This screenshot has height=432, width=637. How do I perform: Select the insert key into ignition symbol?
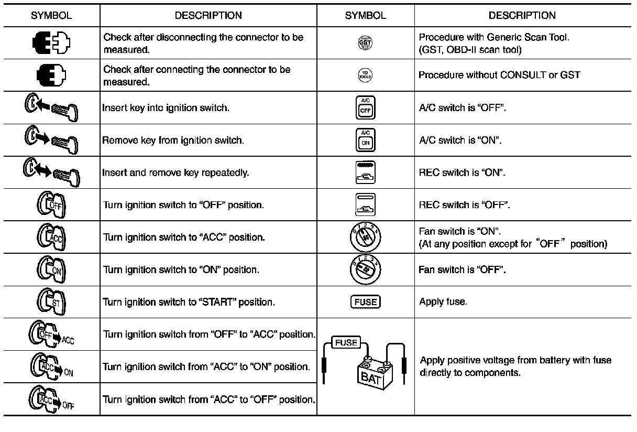[x=51, y=107]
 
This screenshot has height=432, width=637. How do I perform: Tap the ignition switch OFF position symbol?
[x=51, y=204]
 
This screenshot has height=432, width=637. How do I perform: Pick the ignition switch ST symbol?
[x=51, y=302]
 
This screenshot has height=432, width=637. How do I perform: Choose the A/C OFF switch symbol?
[x=365, y=107]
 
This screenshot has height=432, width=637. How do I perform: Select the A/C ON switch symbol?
[x=365, y=140]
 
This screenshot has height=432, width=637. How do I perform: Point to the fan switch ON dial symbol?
[x=365, y=237]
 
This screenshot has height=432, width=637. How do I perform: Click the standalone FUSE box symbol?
[x=365, y=301]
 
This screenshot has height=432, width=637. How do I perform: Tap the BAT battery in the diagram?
[x=370, y=373]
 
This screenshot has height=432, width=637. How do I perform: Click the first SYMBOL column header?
[x=51, y=15]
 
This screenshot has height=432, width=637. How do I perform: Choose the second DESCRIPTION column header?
[x=522, y=15]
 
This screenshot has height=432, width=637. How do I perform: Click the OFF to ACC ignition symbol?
[x=51, y=335]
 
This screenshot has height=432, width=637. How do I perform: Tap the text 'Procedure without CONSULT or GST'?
[x=499, y=75]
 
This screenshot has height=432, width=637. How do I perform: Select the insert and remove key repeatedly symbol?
[x=51, y=172]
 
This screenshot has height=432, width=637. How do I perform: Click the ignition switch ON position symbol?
[x=51, y=269]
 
